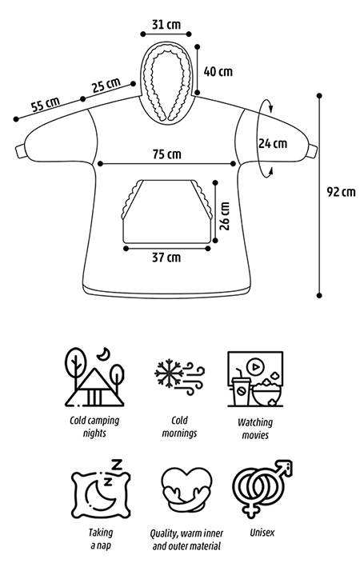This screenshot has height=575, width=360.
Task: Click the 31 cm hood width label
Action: click(166, 25)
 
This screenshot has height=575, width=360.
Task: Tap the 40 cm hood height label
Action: click(218, 71)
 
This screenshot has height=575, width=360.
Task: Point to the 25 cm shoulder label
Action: click(106, 85)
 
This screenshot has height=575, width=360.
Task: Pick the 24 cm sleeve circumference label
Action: click(272, 143)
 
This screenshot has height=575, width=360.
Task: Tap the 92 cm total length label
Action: click(342, 192)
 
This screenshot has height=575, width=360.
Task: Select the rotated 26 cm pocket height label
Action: click(225, 216)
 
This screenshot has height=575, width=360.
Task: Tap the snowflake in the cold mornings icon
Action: click(169, 373)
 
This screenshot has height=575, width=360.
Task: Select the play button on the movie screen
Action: click(256, 365)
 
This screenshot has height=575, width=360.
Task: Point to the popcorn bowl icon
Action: click(267, 393)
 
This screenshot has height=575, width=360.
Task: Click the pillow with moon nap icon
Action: click(101, 489)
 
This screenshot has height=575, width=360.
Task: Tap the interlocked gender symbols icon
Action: click(262, 489)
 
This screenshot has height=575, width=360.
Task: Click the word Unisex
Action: click(262, 533)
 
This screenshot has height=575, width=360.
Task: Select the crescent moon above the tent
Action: click(105, 353)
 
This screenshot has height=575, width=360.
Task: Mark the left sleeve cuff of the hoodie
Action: click(20, 151)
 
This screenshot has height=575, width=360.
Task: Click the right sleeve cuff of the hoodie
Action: click(312, 151)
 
